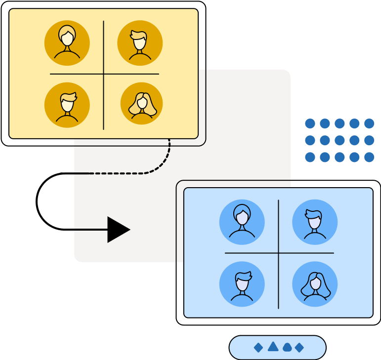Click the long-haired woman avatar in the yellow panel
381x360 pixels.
click(142, 104)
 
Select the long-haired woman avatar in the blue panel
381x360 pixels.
click(315, 284)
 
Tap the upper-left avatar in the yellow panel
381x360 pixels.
click(67, 43)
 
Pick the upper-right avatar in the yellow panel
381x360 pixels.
click(140, 43)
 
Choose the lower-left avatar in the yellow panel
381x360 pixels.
click(67, 105)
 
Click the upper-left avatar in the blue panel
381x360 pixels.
click(242, 222)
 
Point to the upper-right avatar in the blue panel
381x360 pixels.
click(315, 222)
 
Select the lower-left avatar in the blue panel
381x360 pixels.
click(242, 284)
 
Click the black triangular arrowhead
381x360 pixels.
click(117, 230)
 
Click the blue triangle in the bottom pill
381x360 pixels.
click(273, 347)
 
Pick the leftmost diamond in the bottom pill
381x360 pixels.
click(258, 348)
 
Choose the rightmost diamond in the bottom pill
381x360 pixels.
click(299, 348)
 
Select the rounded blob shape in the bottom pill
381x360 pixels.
click(287, 348)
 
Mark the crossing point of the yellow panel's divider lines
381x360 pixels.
click(104, 74)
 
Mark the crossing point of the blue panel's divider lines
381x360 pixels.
click(279, 253)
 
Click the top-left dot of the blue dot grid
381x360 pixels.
click(310, 123)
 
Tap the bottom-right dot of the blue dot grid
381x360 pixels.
click(369, 157)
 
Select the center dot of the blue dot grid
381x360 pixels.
click(339, 140)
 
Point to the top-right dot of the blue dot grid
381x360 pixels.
click(369, 123)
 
